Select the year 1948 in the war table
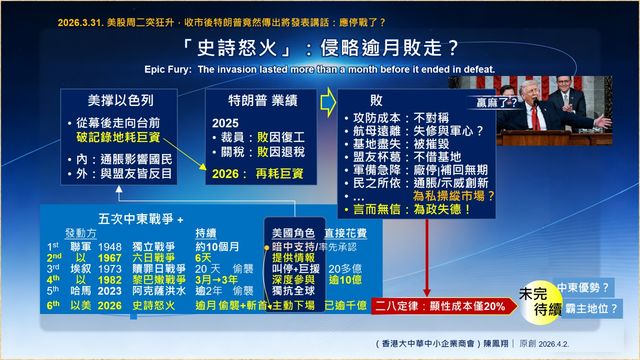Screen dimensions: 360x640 click(110, 245)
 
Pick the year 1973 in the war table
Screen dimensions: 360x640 click(110, 268)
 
